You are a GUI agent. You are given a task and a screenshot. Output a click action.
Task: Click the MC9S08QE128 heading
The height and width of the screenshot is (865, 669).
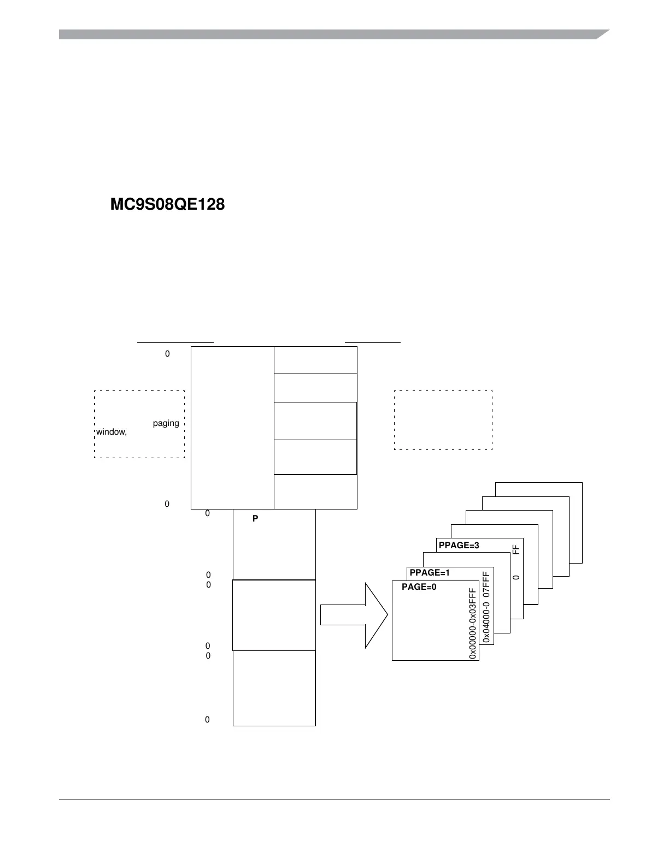167,205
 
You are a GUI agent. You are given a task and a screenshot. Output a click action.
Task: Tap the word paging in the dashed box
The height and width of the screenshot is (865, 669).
166,423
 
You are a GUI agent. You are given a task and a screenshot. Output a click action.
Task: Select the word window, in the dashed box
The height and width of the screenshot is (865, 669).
111,432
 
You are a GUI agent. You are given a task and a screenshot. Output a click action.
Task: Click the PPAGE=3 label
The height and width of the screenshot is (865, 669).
459,545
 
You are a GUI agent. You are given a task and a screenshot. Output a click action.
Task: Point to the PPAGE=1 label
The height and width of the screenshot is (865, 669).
429,572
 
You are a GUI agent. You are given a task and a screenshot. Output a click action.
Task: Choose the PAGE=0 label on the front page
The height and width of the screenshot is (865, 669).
419,587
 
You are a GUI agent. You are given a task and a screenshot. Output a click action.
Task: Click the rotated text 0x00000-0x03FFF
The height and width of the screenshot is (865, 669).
473,623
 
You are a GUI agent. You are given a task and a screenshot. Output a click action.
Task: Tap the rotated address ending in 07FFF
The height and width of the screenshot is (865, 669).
486,607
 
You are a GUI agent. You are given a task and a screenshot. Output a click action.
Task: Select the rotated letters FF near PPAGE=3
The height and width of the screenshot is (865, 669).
515,549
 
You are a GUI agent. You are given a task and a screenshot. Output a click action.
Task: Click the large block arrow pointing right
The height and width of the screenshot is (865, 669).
354,615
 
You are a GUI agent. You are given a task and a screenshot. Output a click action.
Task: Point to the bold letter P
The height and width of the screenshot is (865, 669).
255,519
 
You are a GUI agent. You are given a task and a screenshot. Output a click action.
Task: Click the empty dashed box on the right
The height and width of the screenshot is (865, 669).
443,420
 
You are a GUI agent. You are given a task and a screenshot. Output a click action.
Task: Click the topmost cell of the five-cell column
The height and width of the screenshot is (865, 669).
315,360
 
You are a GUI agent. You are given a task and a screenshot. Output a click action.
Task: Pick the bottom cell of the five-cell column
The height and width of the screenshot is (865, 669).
315,492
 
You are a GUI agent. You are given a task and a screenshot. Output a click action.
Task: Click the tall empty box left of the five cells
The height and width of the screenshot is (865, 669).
232,428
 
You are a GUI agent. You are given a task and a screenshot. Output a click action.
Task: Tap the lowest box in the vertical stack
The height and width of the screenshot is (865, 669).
274,688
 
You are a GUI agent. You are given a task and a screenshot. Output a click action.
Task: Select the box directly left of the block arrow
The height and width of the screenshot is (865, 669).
274,615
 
